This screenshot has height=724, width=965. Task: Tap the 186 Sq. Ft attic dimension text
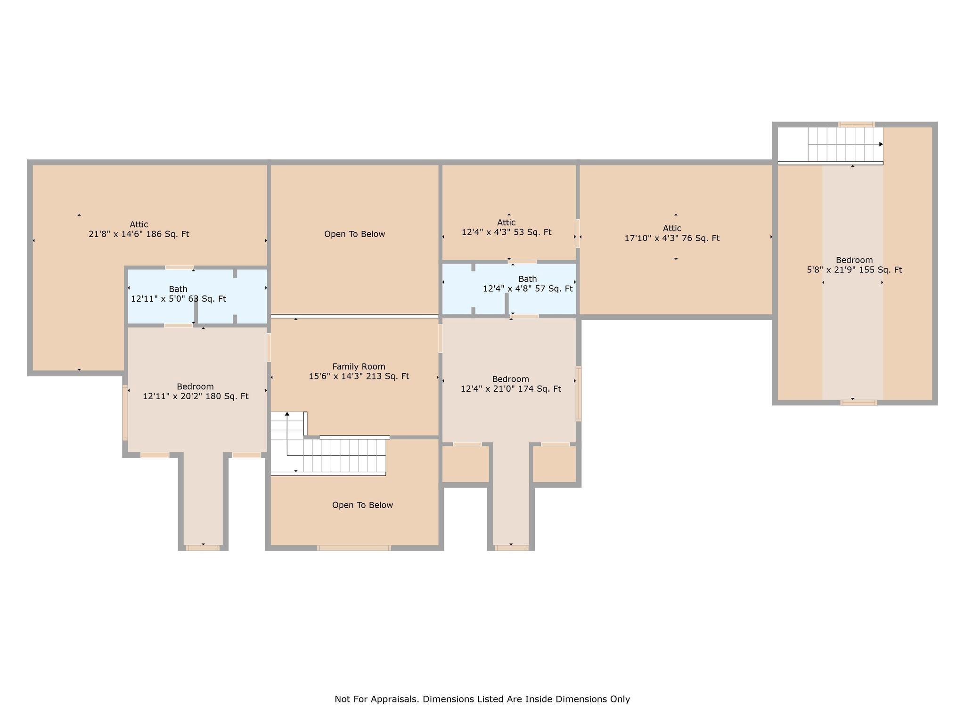click(139, 234)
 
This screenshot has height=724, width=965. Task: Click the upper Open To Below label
click(354, 234)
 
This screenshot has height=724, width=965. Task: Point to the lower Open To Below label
click(362, 505)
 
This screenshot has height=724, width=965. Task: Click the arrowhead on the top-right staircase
click(881, 144)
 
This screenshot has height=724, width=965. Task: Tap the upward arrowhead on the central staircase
click(287, 414)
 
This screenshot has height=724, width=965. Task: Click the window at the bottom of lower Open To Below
click(354, 548)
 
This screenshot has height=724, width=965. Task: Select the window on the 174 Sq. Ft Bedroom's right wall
click(579, 394)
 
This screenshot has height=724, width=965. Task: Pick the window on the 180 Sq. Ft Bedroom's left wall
click(125, 412)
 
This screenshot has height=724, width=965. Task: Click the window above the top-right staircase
click(857, 124)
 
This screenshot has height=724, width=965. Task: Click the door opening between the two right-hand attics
click(578, 233)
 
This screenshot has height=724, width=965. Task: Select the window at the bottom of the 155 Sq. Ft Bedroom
click(859, 403)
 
